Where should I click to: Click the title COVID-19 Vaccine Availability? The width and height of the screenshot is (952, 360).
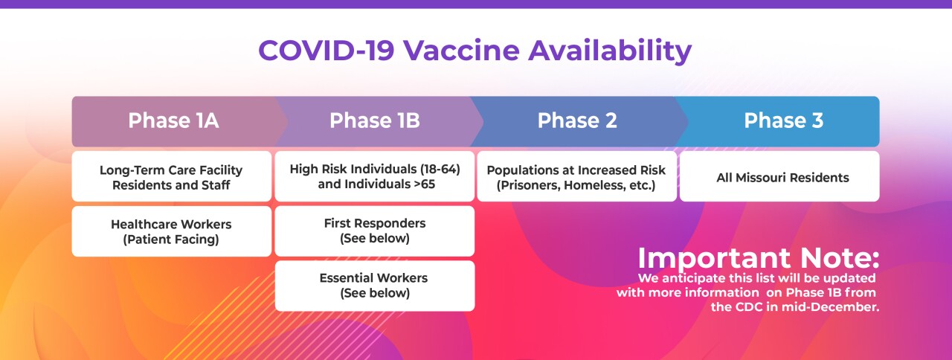tap(475, 51)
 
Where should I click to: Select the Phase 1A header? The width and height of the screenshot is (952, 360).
tap(173, 120)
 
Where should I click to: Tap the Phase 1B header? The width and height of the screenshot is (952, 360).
tap(374, 120)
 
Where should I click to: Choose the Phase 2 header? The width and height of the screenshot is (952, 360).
tap(577, 120)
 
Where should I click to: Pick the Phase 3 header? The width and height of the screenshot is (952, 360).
tap(783, 120)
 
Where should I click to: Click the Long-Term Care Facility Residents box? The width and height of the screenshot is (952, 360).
tap(171, 177)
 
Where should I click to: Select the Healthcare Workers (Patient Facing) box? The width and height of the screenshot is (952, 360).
tap(171, 231)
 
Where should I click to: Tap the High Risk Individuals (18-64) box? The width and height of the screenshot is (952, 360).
tap(375, 176)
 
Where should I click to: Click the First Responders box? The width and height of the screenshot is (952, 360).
tap(375, 231)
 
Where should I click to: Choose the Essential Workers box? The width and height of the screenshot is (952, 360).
tap(375, 285)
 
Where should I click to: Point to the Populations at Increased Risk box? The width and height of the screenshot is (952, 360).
tap(576, 177)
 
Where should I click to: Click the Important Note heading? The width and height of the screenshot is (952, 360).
tap(758, 258)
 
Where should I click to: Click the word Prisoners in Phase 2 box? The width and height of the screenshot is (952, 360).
tap(530, 184)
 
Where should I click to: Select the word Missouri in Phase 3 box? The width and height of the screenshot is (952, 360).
tap(776, 178)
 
